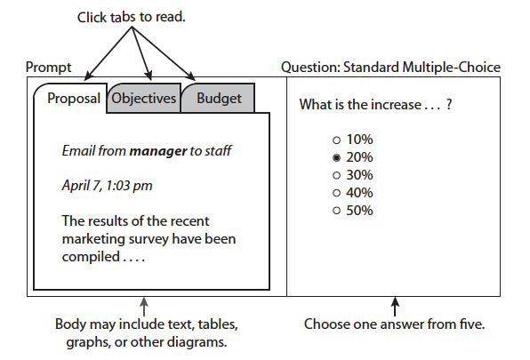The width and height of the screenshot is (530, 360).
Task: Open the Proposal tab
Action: [74, 99]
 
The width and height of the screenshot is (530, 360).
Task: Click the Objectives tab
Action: [144, 99]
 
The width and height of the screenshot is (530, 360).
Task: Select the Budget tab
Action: [219, 99]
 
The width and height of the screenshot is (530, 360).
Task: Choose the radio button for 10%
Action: [336, 140]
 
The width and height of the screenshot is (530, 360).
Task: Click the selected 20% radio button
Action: [336, 157]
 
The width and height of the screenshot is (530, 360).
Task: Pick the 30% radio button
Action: [336, 175]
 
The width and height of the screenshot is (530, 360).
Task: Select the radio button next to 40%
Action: [336, 193]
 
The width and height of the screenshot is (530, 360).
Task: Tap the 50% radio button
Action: [336, 211]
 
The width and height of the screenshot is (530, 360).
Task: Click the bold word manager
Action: [158, 151]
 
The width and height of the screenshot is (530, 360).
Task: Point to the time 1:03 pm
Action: [129, 186]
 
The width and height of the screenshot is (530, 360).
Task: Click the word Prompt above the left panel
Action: [48, 68]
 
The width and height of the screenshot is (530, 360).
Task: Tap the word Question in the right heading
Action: [310, 68]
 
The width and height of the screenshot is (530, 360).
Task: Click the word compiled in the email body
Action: [91, 257]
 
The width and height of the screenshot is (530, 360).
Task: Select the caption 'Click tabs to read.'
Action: [131, 17]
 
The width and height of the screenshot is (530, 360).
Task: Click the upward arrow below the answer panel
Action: [395, 307]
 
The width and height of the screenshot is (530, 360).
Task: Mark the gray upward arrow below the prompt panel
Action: [144, 307]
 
